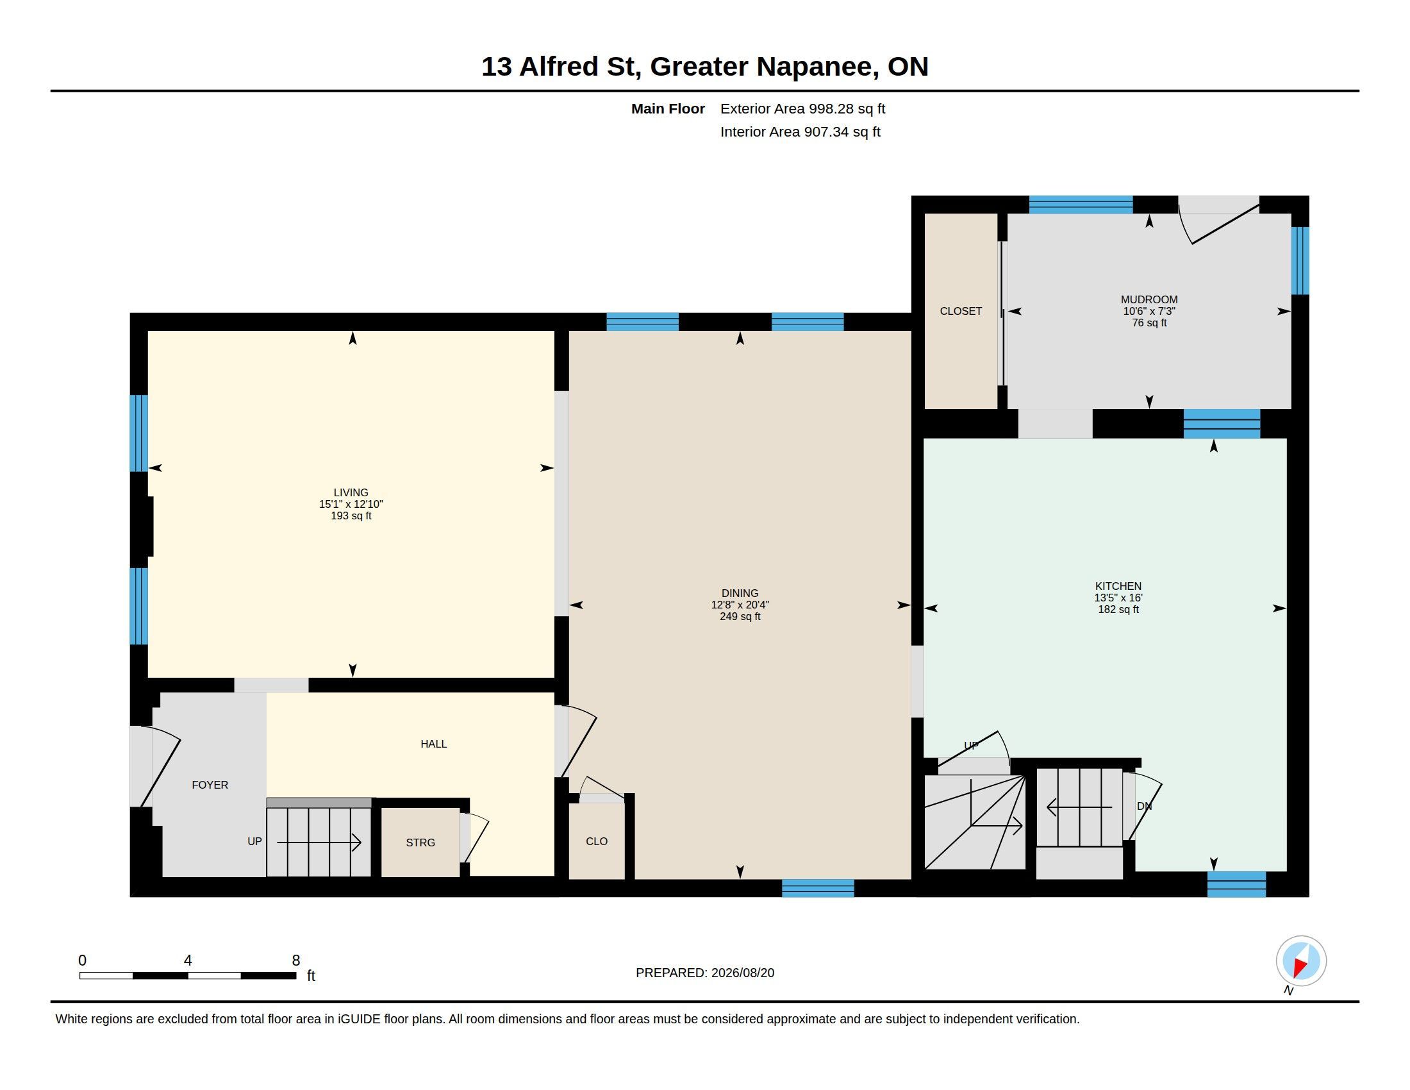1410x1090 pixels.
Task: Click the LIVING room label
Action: (x=351, y=492)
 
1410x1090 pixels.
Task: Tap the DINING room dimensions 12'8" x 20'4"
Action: (x=740, y=605)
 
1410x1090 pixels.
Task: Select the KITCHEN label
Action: (x=1118, y=586)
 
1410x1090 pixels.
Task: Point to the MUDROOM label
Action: (x=1149, y=299)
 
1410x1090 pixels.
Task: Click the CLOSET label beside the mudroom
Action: (x=961, y=311)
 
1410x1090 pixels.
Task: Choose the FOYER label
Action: (x=210, y=785)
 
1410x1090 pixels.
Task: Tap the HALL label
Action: (x=434, y=744)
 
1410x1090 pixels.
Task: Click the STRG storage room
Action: (x=420, y=842)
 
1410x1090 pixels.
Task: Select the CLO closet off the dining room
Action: (x=597, y=841)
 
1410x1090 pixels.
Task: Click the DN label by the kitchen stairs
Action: (x=1144, y=806)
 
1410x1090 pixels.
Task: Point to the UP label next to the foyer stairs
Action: (x=254, y=841)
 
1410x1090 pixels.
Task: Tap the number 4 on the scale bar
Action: (x=188, y=960)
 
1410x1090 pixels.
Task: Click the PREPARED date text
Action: (x=705, y=973)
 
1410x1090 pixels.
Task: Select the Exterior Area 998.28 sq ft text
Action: (x=802, y=108)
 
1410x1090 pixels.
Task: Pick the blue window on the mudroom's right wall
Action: (x=1300, y=261)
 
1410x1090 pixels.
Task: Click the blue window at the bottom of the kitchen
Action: (x=1236, y=884)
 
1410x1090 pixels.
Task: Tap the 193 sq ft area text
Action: (x=351, y=516)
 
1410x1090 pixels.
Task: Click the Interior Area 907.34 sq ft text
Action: (x=800, y=131)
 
